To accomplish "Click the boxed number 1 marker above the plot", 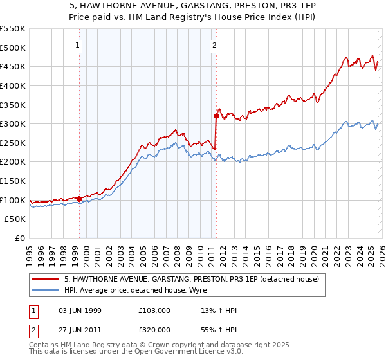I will pyautogui.click(x=77, y=45).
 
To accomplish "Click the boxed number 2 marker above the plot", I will pyautogui.click(x=214, y=45).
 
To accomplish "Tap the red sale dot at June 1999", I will pyautogui.click(x=79, y=199).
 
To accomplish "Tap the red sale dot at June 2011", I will pyautogui.click(x=216, y=116).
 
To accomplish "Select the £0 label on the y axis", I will pyautogui.click(x=19, y=239).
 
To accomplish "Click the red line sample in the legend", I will pyautogui.click(x=46, y=280).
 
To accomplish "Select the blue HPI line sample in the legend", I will pyautogui.click(x=46, y=290).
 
